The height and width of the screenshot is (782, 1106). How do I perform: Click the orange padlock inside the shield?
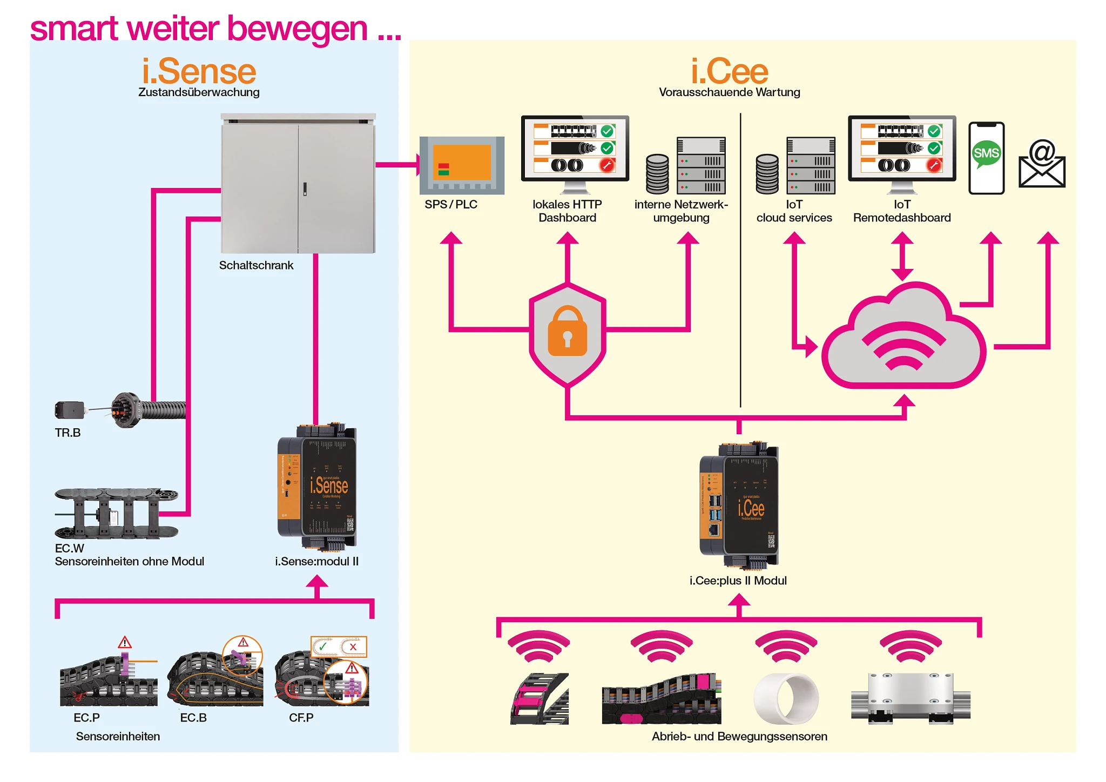click(567, 331)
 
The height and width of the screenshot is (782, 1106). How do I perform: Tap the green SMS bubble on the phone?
click(986, 153)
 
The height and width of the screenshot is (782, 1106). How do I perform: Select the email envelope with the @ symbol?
click(1042, 165)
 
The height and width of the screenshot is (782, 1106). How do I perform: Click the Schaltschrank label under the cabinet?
click(256, 265)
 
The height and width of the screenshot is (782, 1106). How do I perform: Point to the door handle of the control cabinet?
click(305, 188)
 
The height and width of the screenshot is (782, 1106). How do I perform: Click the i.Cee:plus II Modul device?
click(739, 506)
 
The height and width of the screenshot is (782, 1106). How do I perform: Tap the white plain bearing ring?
click(787, 698)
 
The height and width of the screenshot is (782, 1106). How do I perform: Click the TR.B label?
click(68, 433)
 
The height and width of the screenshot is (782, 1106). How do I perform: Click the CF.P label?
click(301, 718)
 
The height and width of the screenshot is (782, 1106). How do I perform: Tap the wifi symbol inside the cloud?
click(903, 346)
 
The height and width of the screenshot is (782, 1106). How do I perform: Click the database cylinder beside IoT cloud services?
click(767, 174)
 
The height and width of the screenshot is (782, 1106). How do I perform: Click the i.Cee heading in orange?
click(729, 72)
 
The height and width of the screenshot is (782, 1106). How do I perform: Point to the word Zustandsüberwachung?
click(199, 92)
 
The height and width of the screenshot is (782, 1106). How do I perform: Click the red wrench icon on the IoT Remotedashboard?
click(934, 165)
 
